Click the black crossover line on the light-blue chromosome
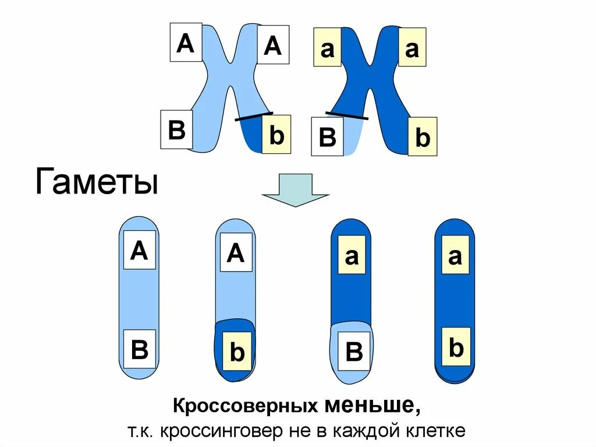point(254,116)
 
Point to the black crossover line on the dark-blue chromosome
point(347,115)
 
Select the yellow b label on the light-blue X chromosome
point(276,135)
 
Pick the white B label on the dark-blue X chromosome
point(327,137)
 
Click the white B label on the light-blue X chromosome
point(177,130)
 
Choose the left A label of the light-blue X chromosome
point(186,42)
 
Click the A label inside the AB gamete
point(140,250)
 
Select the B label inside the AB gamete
point(140,351)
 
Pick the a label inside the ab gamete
point(455,255)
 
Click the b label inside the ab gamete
point(456,347)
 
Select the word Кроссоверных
point(245,405)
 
